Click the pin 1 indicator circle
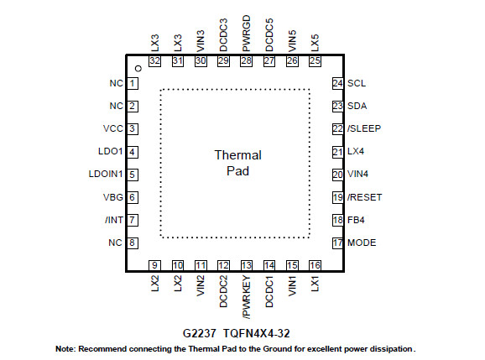(x=138, y=68)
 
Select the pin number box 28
(x=246, y=61)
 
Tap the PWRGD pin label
(x=246, y=34)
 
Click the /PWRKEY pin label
(x=247, y=297)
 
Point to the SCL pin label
(x=357, y=83)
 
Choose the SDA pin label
(x=357, y=106)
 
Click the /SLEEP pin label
(x=364, y=128)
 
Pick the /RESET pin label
(x=364, y=197)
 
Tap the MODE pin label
(x=362, y=243)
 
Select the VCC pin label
(x=113, y=128)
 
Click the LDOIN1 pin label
(x=106, y=174)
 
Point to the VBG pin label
(x=113, y=197)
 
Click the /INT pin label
(x=114, y=220)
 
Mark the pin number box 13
(x=247, y=266)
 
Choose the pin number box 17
(x=338, y=243)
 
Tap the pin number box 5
(x=133, y=175)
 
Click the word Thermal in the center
(x=237, y=155)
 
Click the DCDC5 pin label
(x=269, y=35)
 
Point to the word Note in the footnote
(x=65, y=349)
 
